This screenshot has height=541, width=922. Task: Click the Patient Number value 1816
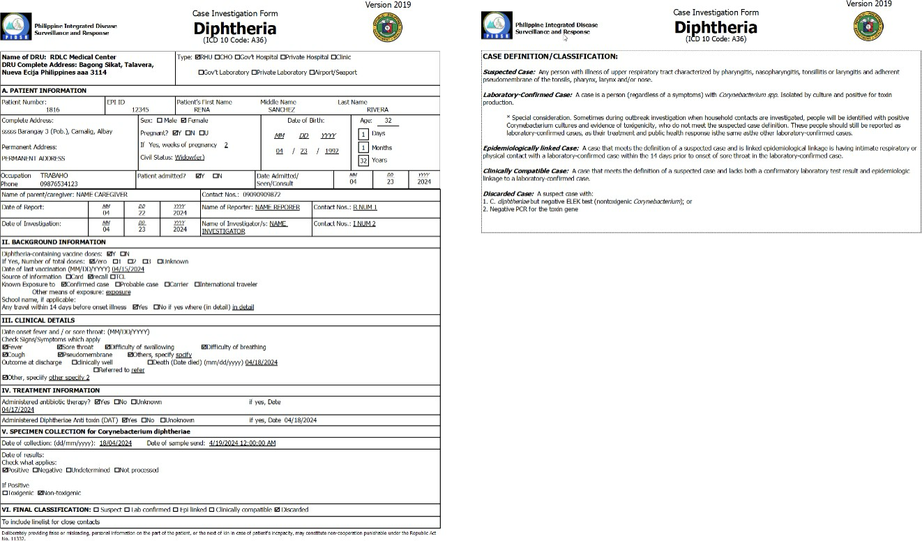pyautogui.click(x=52, y=110)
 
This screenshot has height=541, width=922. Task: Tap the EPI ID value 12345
pyautogui.click(x=140, y=110)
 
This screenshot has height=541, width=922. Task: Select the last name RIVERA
pyautogui.click(x=377, y=110)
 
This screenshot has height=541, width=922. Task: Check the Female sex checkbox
pyautogui.click(x=183, y=121)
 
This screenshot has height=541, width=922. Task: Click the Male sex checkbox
pyautogui.click(x=159, y=121)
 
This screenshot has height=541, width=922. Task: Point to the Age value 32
pyautogui.click(x=388, y=121)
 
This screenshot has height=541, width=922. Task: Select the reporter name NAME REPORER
pyautogui.click(x=277, y=207)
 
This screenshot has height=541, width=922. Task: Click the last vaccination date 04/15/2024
pyautogui.click(x=128, y=269)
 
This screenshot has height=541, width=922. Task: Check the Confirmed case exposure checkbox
pyautogui.click(x=64, y=285)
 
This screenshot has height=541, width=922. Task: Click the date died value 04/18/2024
pyautogui.click(x=262, y=362)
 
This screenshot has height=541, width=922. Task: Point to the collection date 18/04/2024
pyautogui.click(x=115, y=443)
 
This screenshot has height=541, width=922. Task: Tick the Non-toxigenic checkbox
pyautogui.click(x=40, y=493)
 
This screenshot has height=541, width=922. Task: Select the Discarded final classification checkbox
pyautogui.click(x=278, y=510)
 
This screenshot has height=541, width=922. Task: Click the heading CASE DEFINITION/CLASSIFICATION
pyautogui.click(x=550, y=57)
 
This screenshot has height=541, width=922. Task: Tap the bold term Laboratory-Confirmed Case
pyautogui.click(x=527, y=94)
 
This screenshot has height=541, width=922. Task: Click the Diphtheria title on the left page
pyautogui.click(x=234, y=29)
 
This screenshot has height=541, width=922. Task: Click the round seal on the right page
pyautogui.click(x=868, y=27)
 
